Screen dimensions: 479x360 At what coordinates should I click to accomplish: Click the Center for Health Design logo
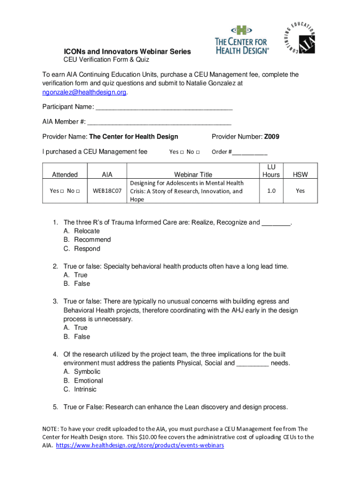pyautogui.click(x=242, y=40)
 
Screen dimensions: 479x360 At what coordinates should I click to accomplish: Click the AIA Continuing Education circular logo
pyautogui.click(x=300, y=37)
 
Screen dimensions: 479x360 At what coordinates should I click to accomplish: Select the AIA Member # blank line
pyautogui.click(x=159, y=123)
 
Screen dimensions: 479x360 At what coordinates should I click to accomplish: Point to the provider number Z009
pyautogui.click(x=272, y=137)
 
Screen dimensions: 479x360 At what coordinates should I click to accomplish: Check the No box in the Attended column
pyautogui.click(x=77, y=191)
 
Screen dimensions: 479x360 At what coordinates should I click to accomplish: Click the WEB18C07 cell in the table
pyautogui.click(x=107, y=191)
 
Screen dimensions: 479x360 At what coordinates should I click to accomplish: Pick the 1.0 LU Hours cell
pyautogui.click(x=271, y=191)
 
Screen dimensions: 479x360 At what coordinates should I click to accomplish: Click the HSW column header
pyautogui.click(x=300, y=174)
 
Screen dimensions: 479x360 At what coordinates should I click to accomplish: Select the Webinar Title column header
pyautogui.click(x=193, y=174)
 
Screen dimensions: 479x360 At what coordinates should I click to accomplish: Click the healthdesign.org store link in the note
pyautogui.click(x=140, y=445)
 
